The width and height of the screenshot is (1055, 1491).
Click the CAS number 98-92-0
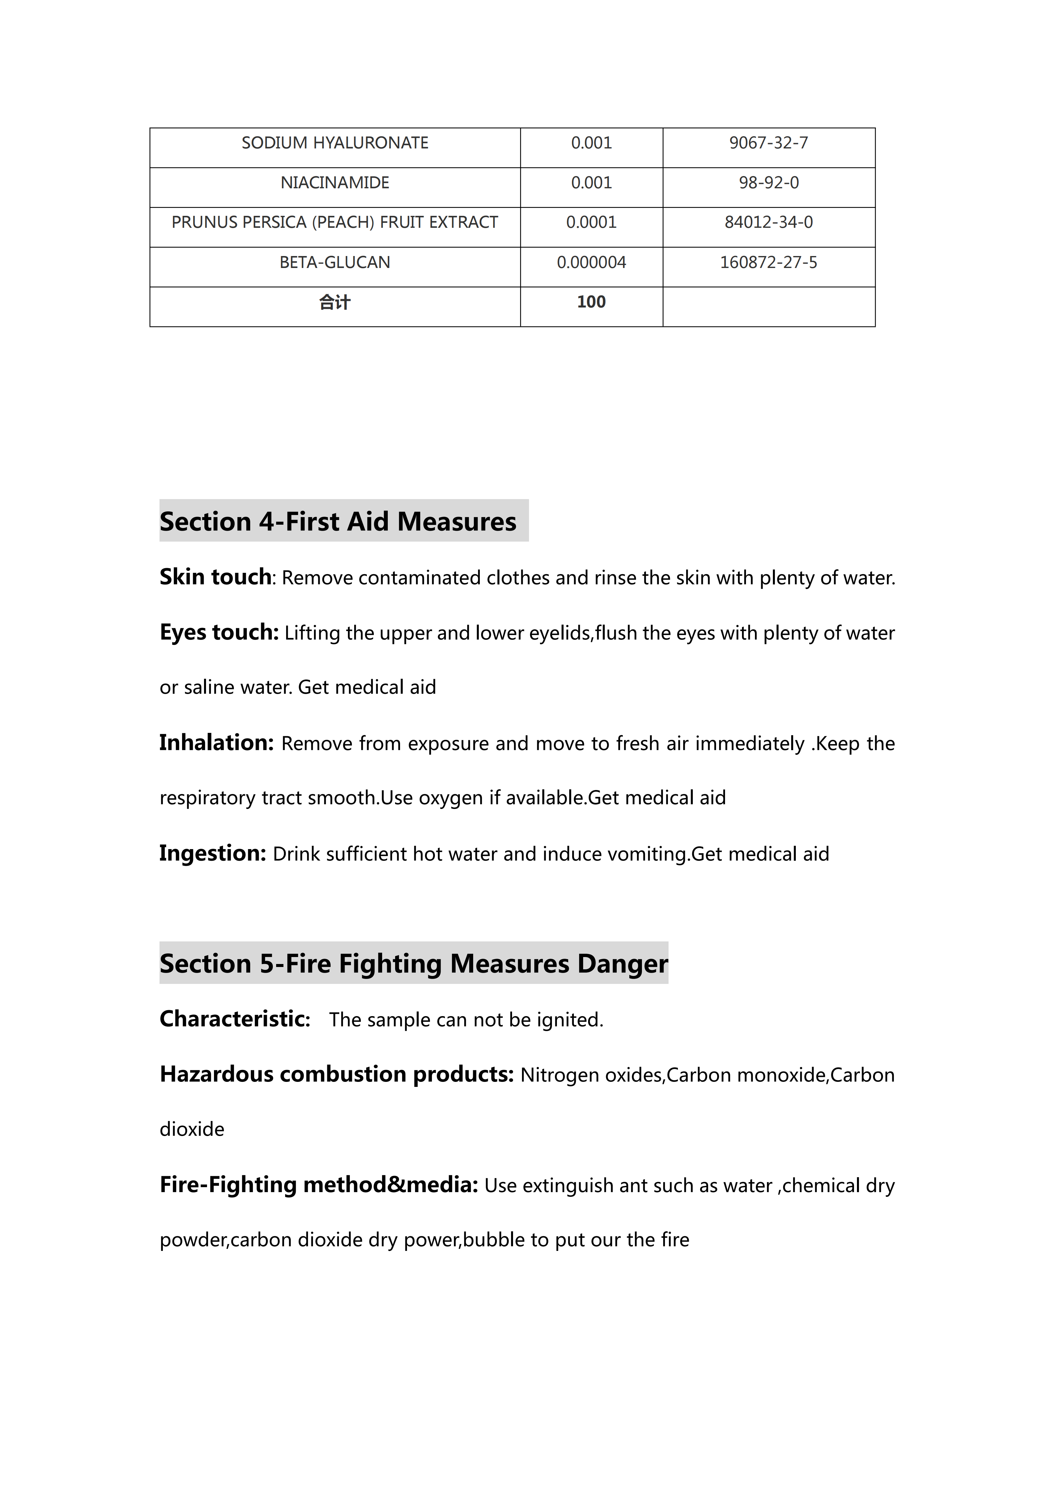tap(769, 183)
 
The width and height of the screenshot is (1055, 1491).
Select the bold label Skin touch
tap(215, 577)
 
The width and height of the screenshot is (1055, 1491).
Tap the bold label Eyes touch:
tap(219, 632)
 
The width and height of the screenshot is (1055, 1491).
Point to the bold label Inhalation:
tap(216, 742)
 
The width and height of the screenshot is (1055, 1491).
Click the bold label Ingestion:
tap(212, 853)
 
